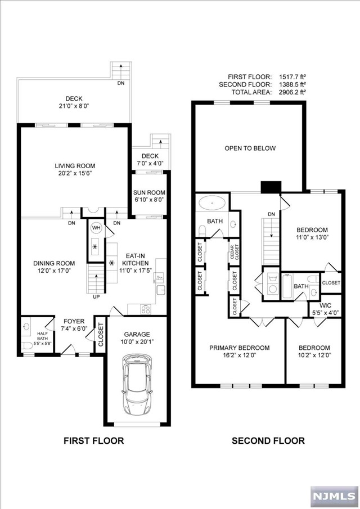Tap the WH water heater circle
click(96, 228)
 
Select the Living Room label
click(75, 166)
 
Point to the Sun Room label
click(150, 192)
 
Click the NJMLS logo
click(334, 496)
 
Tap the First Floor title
click(94, 440)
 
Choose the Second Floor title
click(268, 440)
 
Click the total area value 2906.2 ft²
click(292, 92)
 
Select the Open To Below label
click(250, 148)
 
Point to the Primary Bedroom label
click(239, 348)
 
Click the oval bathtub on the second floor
click(212, 203)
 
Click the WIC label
click(325, 306)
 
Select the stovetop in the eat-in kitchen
click(146, 309)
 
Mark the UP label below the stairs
click(96, 297)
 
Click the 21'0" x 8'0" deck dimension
click(74, 106)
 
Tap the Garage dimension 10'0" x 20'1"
click(137, 341)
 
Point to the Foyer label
click(74, 321)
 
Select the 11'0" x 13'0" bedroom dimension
click(312, 237)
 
